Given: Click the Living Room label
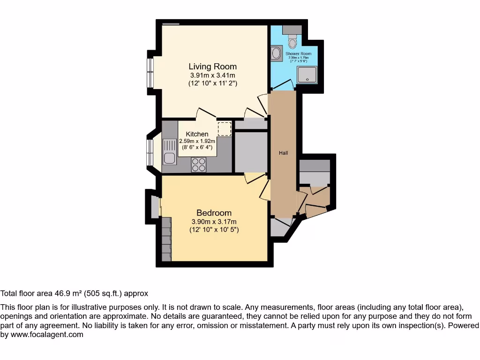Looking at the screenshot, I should (212, 67).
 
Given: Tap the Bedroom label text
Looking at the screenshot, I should (214, 213).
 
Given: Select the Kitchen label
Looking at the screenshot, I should (197, 134).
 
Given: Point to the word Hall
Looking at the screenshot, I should (283, 153).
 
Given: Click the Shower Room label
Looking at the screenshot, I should (299, 54).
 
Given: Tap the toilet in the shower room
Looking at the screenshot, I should (293, 43).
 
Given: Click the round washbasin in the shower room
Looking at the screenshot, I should (276, 52).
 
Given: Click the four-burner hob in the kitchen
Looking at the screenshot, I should (199, 164).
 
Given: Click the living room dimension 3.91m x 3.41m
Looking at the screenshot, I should (212, 75).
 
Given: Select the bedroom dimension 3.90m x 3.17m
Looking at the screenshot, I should (214, 222).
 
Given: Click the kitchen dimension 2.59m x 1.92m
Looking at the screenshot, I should (197, 141).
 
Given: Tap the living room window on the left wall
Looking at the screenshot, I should (150, 73).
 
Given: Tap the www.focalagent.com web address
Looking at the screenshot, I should (46, 335).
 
